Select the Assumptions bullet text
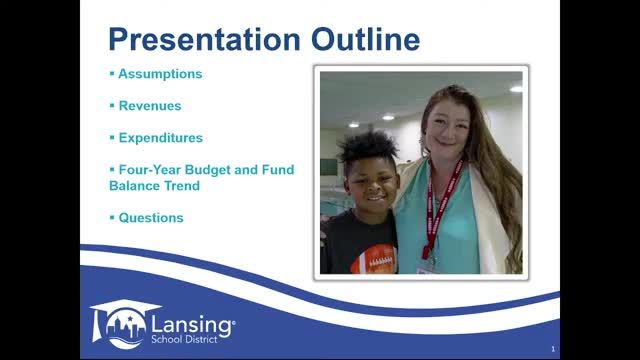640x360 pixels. [160, 74]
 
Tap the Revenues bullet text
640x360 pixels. [150, 105]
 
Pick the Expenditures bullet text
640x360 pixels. [160, 138]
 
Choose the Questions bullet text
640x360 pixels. [151, 217]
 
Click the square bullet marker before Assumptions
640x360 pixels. [112, 74]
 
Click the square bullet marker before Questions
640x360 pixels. [112, 217]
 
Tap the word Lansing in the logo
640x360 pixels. [191, 324]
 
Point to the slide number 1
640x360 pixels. [552, 349]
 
